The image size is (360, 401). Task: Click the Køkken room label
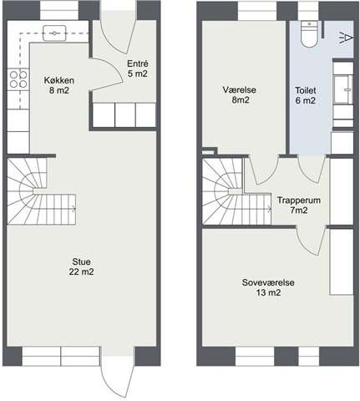coord(59,85)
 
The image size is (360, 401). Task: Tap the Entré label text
coord(138,69)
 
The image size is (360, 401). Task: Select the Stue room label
coord(81,266)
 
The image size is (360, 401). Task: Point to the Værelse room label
coord(240,94)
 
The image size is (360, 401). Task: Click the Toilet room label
coord(306,95)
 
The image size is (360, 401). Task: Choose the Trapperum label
coord(299,206)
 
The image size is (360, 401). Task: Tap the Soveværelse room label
coord(268,287)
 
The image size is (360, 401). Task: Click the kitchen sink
coord(54,33)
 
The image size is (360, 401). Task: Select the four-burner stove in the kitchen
coord(18,79)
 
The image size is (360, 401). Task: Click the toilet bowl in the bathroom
coord(309,34)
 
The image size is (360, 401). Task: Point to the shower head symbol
coord(346,38)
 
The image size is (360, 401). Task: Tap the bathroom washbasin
coord(343,89)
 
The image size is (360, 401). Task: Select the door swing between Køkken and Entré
coord(107,74)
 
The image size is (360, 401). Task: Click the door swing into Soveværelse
coord(311,240)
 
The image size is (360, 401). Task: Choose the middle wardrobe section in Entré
coord(125,115)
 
